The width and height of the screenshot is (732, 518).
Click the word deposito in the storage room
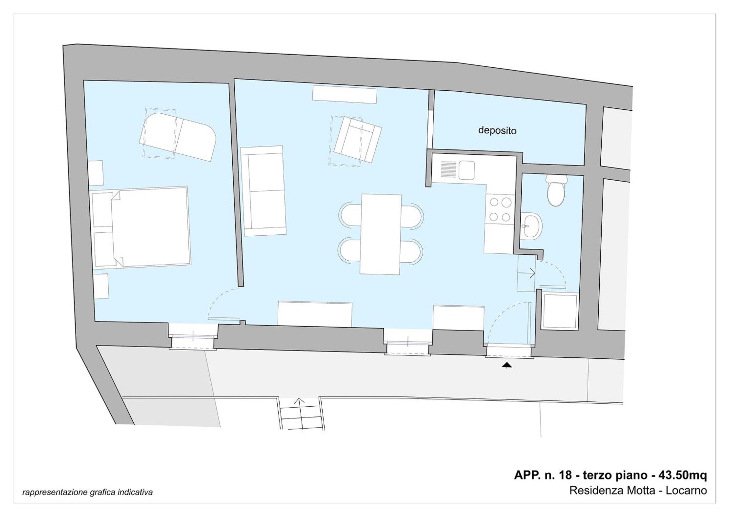point(497,130)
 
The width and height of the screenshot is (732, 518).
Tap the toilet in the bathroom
point(556,190)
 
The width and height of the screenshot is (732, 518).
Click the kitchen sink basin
point(467,170)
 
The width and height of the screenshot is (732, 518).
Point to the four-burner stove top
point(500,209)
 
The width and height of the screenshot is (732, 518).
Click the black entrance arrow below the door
point(507,365)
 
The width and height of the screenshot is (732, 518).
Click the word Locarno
point(686,490)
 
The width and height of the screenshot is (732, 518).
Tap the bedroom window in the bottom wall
point(193,337)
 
